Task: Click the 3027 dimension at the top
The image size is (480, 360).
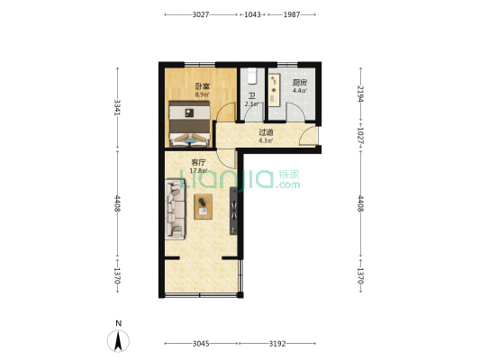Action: [201, 14]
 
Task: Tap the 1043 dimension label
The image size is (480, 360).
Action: [252, 14]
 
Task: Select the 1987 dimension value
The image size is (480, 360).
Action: [292, 14]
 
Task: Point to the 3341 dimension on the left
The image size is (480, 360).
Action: [117, 108]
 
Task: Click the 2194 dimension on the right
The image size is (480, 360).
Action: [360, 94]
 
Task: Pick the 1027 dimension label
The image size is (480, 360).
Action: [360, 136]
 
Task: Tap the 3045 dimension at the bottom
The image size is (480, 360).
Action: [201, 344]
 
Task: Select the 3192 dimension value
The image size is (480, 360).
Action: [277, 344]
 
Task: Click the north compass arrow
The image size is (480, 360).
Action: [118, 341]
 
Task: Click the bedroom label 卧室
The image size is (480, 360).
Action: [203, 86]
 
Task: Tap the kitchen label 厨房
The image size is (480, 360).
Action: [299, 83]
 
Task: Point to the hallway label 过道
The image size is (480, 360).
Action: [266, 132]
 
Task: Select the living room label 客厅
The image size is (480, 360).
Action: [198, 162]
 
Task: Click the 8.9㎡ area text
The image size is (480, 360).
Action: [202, 94]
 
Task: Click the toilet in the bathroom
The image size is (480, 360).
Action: [252, 76]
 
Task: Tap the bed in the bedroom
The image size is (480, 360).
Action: [189, 123]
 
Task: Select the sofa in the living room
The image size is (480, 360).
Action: [175, 210]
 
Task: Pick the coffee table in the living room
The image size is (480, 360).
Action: [204, 206]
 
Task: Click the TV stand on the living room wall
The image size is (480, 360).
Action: [233, 211]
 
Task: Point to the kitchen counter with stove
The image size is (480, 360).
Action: [275, 90]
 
